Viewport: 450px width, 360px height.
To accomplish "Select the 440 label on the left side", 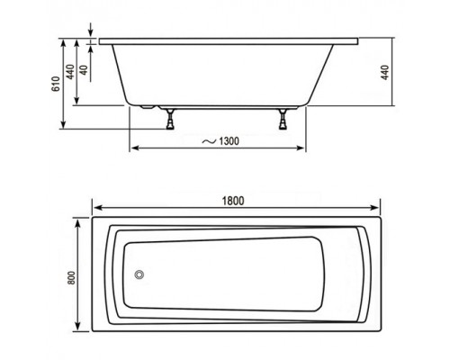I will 68,71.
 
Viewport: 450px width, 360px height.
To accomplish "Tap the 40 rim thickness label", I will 84,71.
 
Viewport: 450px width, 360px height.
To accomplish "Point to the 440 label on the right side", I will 386,71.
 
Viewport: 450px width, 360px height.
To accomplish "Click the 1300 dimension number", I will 229,140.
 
